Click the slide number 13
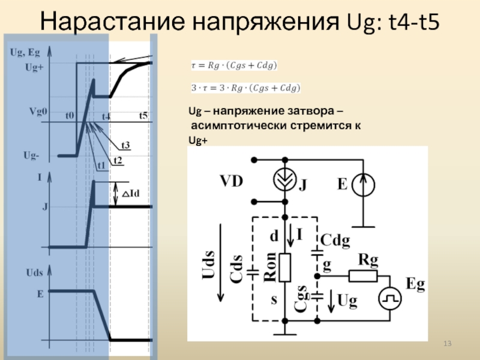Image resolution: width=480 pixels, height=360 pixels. (x=446, y=343)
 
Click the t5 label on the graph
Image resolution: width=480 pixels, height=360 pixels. (x=143, y=115)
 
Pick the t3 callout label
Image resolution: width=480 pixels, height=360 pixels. (x=127, y=145)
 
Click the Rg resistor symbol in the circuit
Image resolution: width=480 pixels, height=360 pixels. (x=364, y=275)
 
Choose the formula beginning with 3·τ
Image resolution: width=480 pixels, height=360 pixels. (x=245, y=88)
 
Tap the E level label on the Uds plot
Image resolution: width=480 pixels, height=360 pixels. (x=40, y=295)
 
